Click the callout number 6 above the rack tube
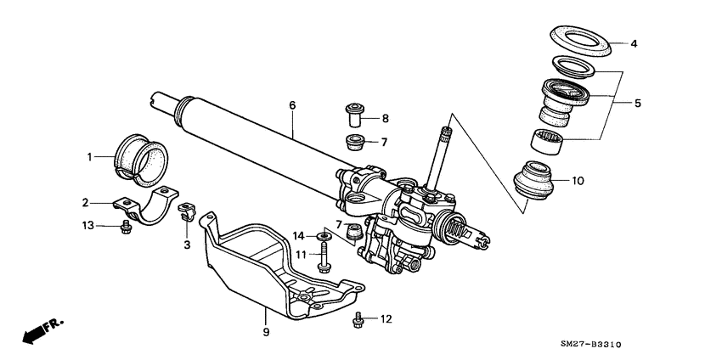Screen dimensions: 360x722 click(291, 105)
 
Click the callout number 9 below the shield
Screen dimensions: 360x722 click(266, 332)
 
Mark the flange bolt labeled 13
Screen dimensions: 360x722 click(127, 226)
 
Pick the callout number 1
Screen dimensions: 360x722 click(87, 156)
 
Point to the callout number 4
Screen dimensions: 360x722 click(633, 43)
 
